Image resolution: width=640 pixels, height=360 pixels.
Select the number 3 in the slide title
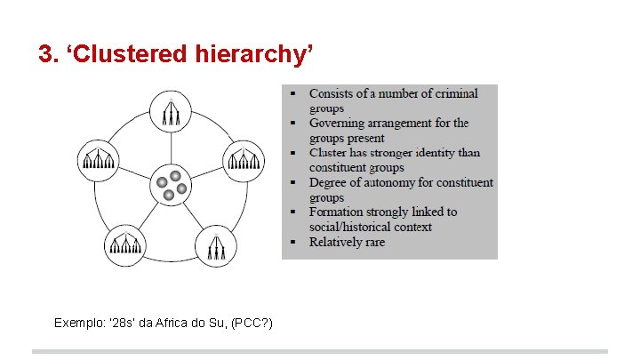pyautogui.click(x=46, y=55)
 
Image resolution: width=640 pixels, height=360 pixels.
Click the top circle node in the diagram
pyautogui.click(x=169, y=113)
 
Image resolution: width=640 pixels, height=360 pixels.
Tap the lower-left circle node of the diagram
pyautogui.click(x=123, y=245)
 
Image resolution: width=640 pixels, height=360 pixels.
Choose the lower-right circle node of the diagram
pyautogui.click(x=214, y=245)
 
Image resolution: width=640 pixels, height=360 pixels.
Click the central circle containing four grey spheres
pyautogui.click(x=170, y=185)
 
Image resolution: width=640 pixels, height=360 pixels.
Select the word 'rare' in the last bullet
pyautogui.click(x=372, y=242)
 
